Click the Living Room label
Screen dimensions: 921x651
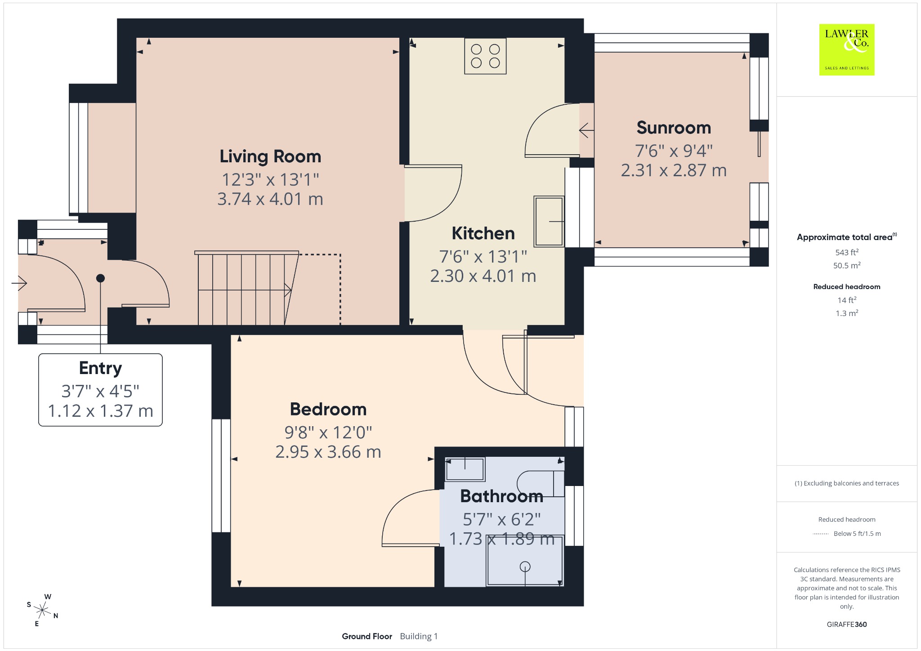270,156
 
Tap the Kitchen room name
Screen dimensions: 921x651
483,233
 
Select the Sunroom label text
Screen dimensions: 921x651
674,128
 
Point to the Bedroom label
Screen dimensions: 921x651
328,409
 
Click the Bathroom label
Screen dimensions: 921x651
501,496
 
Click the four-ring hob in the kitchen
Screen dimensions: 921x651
485,56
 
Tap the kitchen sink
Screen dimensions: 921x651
549,221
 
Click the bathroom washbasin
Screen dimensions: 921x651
465,469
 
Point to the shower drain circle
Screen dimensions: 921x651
525,567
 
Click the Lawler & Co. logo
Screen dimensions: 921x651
847,49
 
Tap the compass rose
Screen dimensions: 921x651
43,610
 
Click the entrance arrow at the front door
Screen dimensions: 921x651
19,283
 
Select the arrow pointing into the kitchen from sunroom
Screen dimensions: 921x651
586,131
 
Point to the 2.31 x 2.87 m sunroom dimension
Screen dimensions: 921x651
674,170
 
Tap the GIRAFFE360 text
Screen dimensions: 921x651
847,624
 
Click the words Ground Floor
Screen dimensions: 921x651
367,636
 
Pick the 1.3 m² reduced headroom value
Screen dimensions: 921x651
847,313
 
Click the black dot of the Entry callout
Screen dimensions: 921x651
100,278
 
